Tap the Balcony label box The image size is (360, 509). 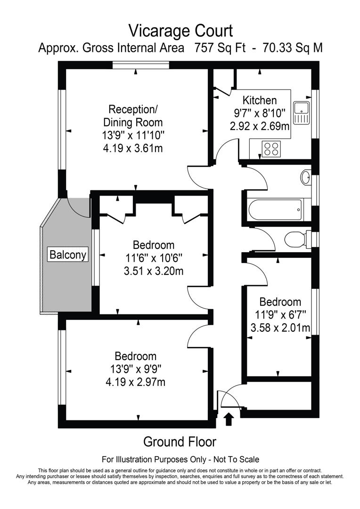tap(68, 255)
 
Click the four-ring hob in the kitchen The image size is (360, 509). tap(271, 148)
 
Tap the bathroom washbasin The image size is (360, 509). tap(305, 178)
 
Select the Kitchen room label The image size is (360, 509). tap(259, 100)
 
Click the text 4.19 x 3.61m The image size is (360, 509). tap(136, 148)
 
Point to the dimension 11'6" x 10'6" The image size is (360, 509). tap(153, 258)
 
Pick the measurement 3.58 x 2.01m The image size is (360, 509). tap(279, 327)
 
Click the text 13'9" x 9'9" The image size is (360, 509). tap(136, 369)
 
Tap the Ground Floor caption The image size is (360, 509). tap(180, 442)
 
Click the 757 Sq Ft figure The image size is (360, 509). tap(220, 49)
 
